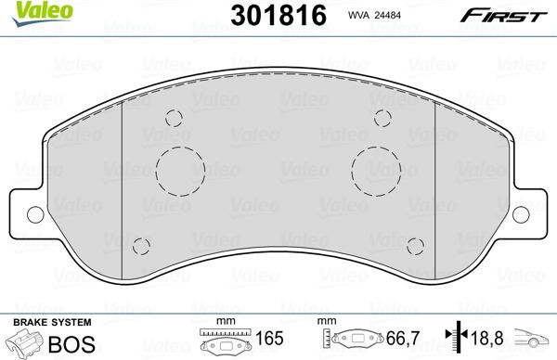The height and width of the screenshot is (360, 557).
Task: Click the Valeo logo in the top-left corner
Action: [x=30, y=10]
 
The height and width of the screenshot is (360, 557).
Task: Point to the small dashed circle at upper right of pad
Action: [x=382, y=117]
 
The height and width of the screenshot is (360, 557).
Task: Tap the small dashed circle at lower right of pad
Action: [x=414, y=246]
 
